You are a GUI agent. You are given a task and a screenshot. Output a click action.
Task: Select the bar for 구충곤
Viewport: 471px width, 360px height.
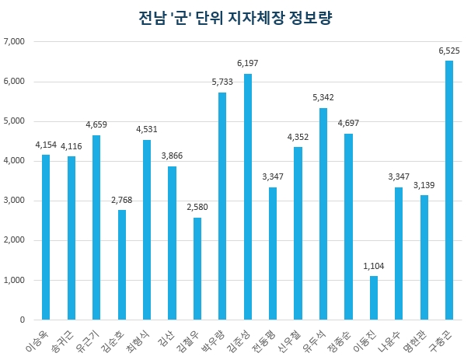point(449,190)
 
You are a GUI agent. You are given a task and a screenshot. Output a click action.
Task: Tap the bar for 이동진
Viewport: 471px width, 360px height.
point(374,298)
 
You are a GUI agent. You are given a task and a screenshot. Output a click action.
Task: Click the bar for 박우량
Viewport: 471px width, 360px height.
point(222,206)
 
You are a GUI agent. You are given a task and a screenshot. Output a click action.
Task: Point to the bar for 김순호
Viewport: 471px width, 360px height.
point(122,264)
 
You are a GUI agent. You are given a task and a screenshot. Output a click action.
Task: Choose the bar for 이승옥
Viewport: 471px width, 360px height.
point(46,237)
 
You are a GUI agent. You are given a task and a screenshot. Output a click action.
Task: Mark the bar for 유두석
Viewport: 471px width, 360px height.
point(323,214)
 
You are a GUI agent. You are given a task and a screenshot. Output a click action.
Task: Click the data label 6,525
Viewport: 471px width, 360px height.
point(449,51)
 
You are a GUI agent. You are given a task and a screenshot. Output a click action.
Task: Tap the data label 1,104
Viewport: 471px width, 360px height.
point(374,267)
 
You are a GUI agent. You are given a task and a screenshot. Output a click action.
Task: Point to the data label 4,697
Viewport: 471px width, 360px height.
point(348,124)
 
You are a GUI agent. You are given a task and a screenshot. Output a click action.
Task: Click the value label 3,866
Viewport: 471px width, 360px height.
point(173,156)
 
